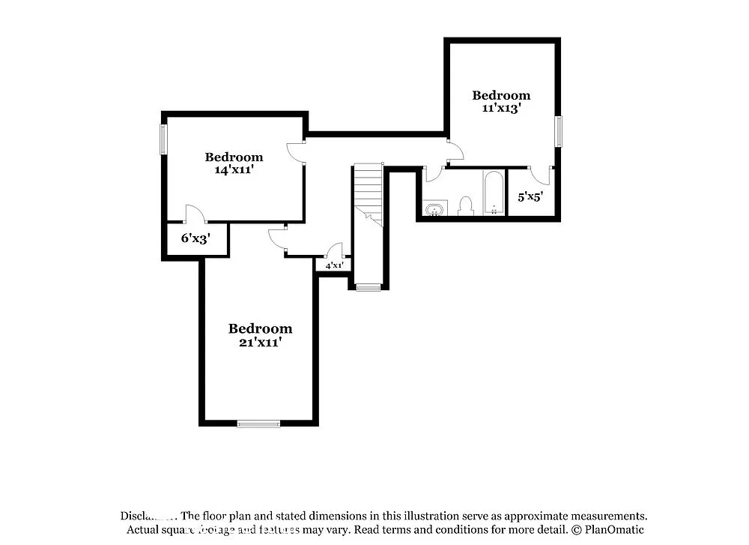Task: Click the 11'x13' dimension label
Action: tap(501, 108)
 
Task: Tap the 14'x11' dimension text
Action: tap(234, 169)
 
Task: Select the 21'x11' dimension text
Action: tap(260, 342)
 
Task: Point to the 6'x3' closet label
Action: tap(195, 239)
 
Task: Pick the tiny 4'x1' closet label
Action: tap(333, 265)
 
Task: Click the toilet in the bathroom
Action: tap(466, 205)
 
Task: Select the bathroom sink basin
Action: tap(434, 208)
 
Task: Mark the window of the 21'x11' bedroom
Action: tap(258, 424)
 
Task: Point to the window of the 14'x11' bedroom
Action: tap(163, 139)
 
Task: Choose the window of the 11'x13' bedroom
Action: tap(558, 131)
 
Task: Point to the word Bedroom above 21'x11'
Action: tap(260, 328)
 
